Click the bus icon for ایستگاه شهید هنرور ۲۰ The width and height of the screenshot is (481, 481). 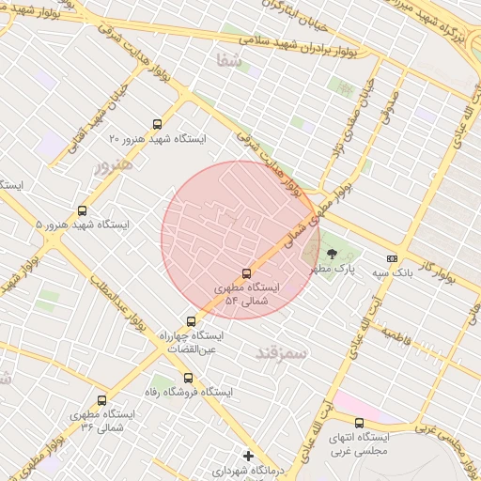(157, 124)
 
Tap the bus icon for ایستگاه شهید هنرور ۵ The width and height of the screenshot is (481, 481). (83, 211)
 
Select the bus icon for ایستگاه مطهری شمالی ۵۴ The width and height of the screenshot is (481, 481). (247, 273)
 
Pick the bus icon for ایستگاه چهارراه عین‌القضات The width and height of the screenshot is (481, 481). (192, 321)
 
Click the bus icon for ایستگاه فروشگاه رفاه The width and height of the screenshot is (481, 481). (189, 378)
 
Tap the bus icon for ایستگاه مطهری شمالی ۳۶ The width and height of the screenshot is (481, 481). (102, 400)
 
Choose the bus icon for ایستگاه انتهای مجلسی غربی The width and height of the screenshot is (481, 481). (359, 423)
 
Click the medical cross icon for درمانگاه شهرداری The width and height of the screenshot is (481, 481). (248, 456)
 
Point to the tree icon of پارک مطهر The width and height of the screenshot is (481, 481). (331, 254)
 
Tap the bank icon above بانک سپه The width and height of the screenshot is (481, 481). (392, 258)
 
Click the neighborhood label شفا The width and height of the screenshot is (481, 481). (228, 60)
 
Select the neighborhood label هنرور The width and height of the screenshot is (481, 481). (115, 164)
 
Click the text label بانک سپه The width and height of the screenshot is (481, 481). (392, 272)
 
